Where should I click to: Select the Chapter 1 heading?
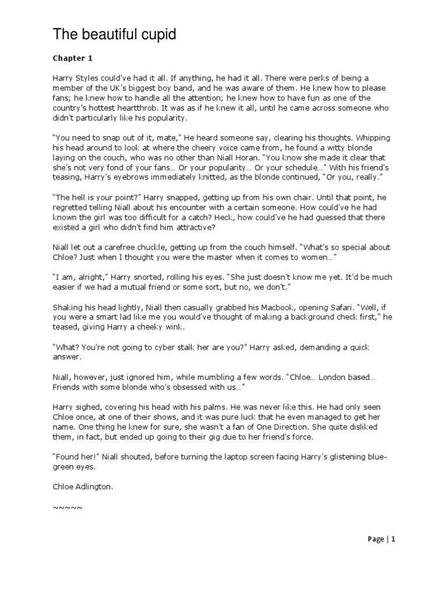pos(72,58)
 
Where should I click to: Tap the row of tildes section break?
pos(68,507)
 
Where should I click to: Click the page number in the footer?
pos(393,539)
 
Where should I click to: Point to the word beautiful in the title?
pos(103,36)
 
